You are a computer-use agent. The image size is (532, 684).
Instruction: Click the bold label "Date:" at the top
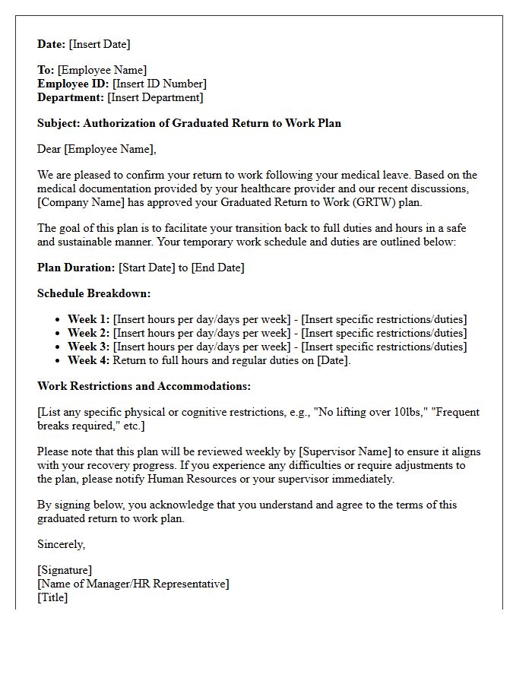52,44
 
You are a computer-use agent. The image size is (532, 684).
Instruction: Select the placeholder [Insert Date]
100,44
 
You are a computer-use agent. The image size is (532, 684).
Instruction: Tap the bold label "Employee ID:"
73,84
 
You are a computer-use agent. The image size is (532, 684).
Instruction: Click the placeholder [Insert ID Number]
160,84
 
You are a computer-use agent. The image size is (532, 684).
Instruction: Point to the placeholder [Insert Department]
155,97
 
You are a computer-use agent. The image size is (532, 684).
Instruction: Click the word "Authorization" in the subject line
118,123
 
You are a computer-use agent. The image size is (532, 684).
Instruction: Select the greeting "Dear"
49,149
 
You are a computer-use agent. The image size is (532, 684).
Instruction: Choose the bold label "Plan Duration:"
77,268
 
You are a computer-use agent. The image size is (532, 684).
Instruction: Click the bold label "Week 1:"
88,319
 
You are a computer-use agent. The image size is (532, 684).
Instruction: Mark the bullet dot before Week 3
59,347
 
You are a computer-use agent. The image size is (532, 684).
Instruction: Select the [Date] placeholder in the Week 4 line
333,360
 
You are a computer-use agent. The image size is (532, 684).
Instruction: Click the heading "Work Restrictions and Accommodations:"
144,386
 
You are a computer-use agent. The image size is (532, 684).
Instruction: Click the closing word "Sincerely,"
62,544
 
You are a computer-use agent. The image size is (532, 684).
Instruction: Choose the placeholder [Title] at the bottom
52,597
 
